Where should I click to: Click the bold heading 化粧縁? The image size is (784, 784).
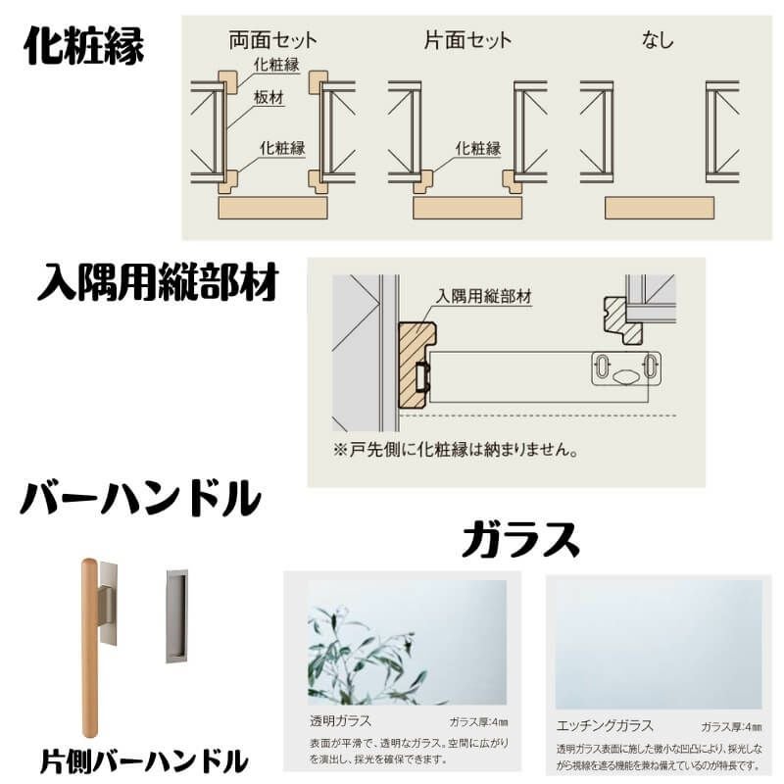[x=84, y=45]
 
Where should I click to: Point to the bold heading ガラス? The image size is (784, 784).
[x=520, y=539]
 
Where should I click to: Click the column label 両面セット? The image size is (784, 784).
[x=272, y=40]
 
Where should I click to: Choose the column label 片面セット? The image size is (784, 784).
[x=467, y=40]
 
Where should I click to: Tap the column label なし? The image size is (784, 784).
[x=658, y=40]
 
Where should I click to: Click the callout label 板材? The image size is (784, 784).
[x=268, y=98]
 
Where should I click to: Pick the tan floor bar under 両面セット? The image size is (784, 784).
[x=271, y=208]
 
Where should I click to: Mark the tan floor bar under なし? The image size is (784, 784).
[x=659, y=208]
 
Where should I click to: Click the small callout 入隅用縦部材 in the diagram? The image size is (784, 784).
[x=484, y=294]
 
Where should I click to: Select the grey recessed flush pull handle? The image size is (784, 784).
[x=176, y=614]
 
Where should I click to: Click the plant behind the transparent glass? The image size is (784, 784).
[x=367, y=652]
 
